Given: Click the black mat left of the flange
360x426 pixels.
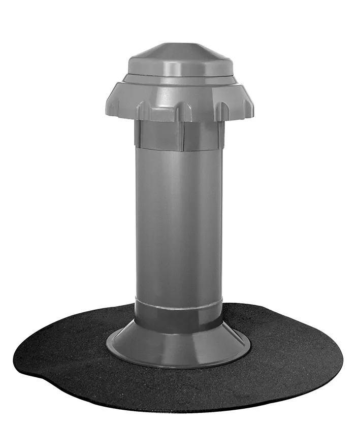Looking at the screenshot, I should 66,350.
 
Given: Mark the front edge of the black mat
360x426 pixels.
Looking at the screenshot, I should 178,399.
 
